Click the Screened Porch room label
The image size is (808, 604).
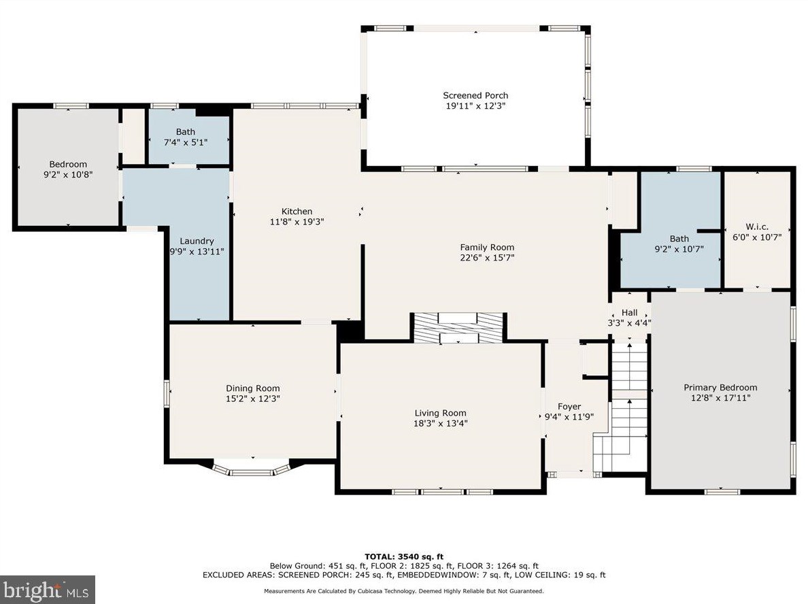[x=475, y=95]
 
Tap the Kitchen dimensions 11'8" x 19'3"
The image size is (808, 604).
[x=297, y=222]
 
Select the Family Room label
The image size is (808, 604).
[x=487, y=248]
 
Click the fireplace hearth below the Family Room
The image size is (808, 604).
[x=458, y=328]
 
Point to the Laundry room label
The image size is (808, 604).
[x=197, y=241]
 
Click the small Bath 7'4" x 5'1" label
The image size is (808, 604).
[x=186, y=137]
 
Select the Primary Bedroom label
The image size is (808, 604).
[x=720, y=388]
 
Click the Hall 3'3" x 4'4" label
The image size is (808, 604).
[x=629, y=318]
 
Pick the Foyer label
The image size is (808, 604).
[x=569, y=407]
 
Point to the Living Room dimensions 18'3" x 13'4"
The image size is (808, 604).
[x=441, y=424]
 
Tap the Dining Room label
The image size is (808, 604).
[x=252, y=388]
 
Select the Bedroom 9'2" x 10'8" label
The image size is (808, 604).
[x=68, y=169]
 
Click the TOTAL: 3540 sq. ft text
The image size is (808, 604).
[x=404, y=556]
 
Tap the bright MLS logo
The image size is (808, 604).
[x=48, y=590]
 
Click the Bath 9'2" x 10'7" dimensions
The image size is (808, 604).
[x=679, y=250]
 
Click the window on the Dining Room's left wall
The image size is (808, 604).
[x=167, y=394]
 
